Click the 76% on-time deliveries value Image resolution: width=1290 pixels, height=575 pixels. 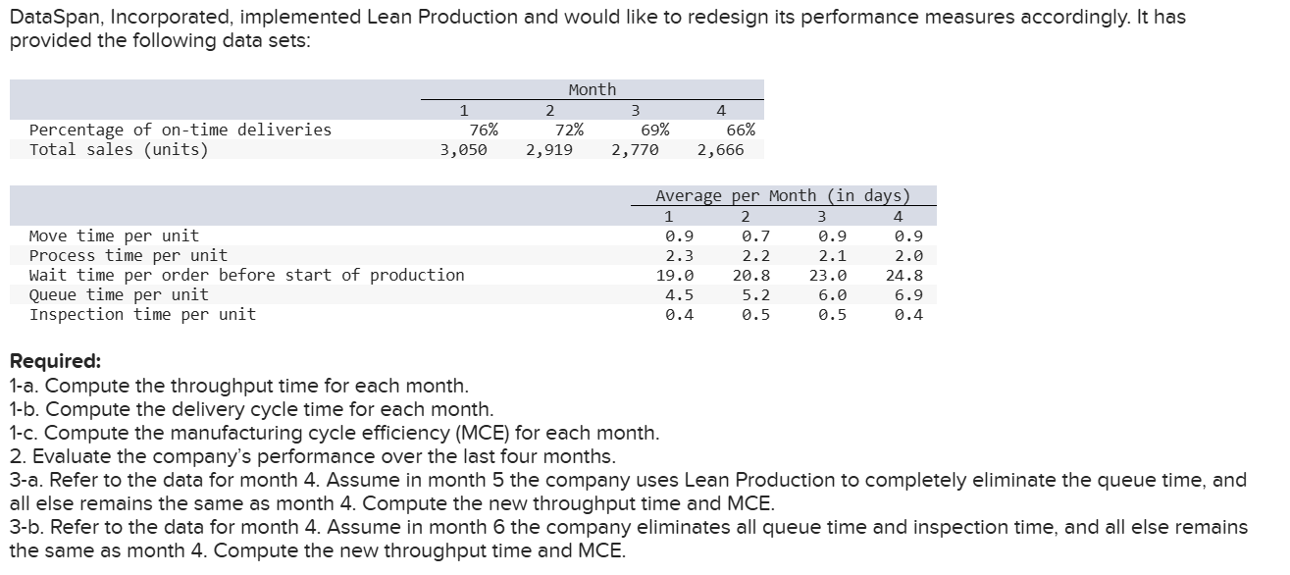[483, 130]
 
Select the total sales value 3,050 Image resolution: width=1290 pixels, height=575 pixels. [464, 150]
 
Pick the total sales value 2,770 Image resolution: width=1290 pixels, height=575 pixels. [635, 150]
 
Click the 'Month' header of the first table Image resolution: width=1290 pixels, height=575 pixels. [593, 89]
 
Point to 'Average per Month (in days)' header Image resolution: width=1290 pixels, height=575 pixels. [782, 195]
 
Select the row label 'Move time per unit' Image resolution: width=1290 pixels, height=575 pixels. [114, 235]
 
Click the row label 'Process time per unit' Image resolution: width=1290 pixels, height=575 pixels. [129, 255]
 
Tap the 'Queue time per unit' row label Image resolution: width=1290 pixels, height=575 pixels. [119, 294]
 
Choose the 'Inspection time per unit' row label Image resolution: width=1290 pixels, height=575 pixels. [142, 314]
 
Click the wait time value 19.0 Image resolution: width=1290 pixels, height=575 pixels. [675, 276]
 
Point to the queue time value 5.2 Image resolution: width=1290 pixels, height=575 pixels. [756, 294]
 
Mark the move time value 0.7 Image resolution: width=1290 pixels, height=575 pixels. [756, 236]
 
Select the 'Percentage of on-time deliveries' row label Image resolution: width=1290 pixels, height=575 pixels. [181, 130]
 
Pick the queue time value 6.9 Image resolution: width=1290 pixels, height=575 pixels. [908, 294]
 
